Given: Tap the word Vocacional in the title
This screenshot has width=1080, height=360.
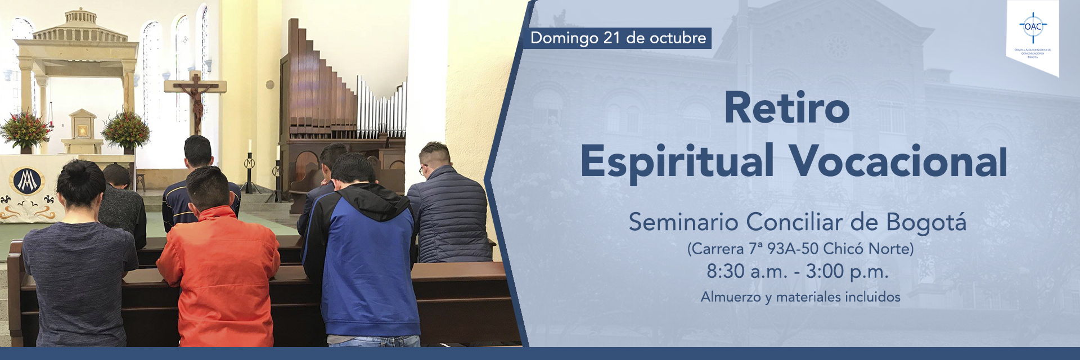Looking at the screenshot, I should pos(898,162).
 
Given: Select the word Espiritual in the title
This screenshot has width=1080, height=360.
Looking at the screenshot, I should pos(677,162).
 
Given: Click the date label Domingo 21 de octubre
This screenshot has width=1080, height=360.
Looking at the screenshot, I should pos(618,38).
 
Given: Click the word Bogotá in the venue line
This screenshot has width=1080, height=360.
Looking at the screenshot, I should pos(926,223).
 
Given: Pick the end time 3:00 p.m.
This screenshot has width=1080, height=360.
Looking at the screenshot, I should pos(847,272).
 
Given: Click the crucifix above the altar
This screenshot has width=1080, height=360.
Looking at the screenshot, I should pos(196,98).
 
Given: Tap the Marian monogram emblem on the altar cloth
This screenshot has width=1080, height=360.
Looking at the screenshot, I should pos(26,182).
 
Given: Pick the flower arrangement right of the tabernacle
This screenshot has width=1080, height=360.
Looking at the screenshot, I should pos(126,129).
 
